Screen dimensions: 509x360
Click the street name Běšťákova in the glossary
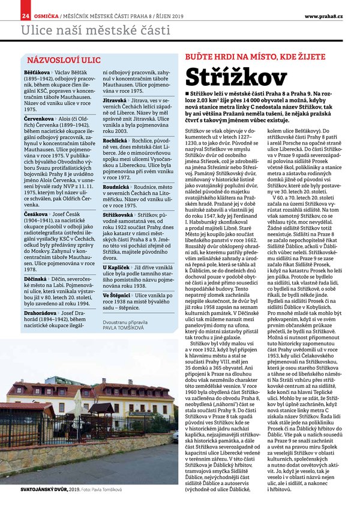point(37,72)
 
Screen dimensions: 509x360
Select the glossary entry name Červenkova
point(39,119)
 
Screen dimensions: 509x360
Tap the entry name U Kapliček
point(117,266)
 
